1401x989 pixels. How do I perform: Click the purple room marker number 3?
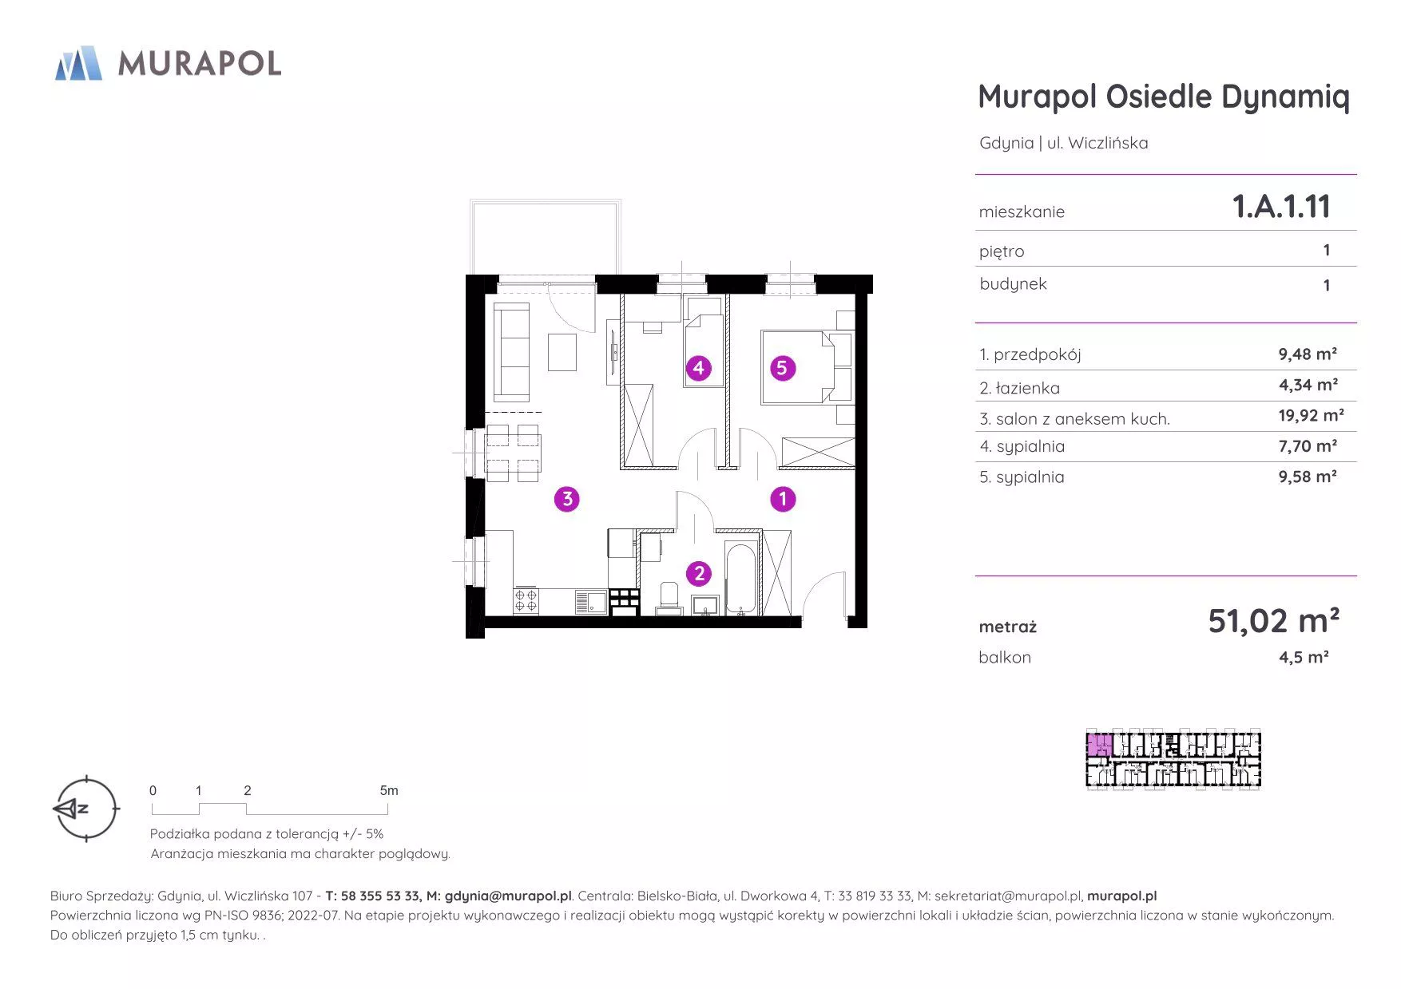567,500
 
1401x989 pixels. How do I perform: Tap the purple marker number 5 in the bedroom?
783,368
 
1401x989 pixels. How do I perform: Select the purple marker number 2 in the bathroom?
699,573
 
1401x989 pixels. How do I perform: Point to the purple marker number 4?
699,368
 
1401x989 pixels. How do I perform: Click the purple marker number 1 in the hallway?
783,500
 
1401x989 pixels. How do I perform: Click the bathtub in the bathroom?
741,580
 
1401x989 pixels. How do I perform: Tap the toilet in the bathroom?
669,599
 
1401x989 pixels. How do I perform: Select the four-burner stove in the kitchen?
526,601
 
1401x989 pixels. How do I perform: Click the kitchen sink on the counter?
590,602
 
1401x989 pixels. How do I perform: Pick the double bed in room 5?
799,366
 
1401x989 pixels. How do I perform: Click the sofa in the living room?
511,351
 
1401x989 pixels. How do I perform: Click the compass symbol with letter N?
85,809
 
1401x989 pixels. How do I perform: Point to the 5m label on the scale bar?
389,790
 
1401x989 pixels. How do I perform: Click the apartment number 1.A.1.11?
1281,207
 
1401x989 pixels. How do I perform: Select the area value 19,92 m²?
1311,415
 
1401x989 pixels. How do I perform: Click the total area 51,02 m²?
1273,620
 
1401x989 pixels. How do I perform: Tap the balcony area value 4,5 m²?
1304,657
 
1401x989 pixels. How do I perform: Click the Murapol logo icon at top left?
78,63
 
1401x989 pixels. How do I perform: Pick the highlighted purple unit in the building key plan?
1099,746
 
